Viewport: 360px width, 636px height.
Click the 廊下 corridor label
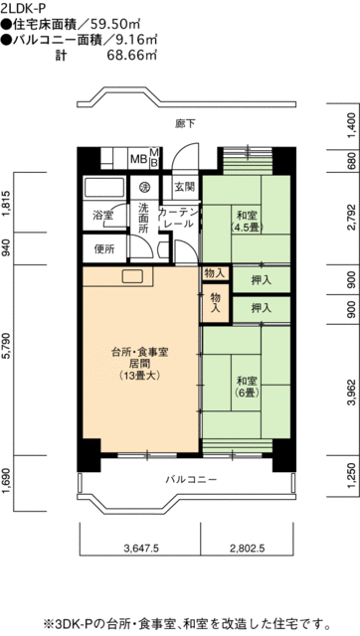pyautogui.click(x=183, y=122)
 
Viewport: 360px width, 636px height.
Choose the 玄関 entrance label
pyautogui.click(x=185, y=186)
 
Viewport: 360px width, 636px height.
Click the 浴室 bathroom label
pyautogui.click(x=103, y=214)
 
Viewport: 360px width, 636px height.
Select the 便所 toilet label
pyautogui.click(x=103, y=249)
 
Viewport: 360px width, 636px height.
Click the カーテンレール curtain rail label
pyautogui.click(x=179, y=219)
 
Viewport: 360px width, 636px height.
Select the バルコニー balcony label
pyautogui.click(x=189, y=453)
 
